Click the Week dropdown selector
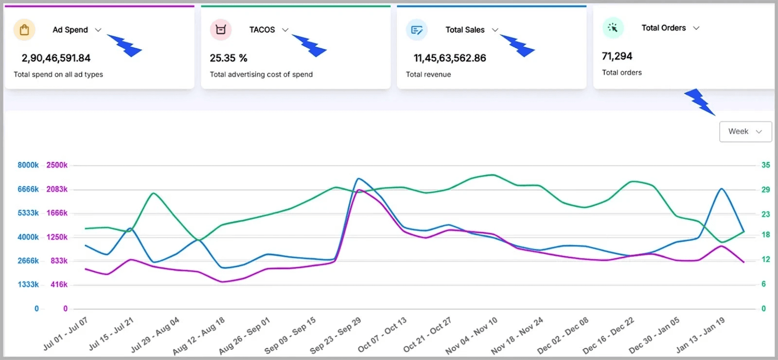click(745, 131)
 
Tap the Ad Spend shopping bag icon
click(24, 30)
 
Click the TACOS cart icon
click(221, 30)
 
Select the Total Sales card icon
click(417, 30)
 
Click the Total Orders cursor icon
click(613, 28)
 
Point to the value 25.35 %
click(229, 58)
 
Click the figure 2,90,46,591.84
click(56, 58)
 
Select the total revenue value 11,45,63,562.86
click(450, 58)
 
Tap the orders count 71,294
click(617, 56)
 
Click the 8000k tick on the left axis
click(28, 165)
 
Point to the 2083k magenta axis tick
click(57, 189)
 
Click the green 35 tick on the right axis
click(765, 165)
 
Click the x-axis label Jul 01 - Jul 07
click(66, 333)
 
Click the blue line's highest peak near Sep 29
click(358, 179)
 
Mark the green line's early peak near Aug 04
click(153, 193)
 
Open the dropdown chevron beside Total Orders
click(696, 28)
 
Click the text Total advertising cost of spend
click(261, 74)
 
